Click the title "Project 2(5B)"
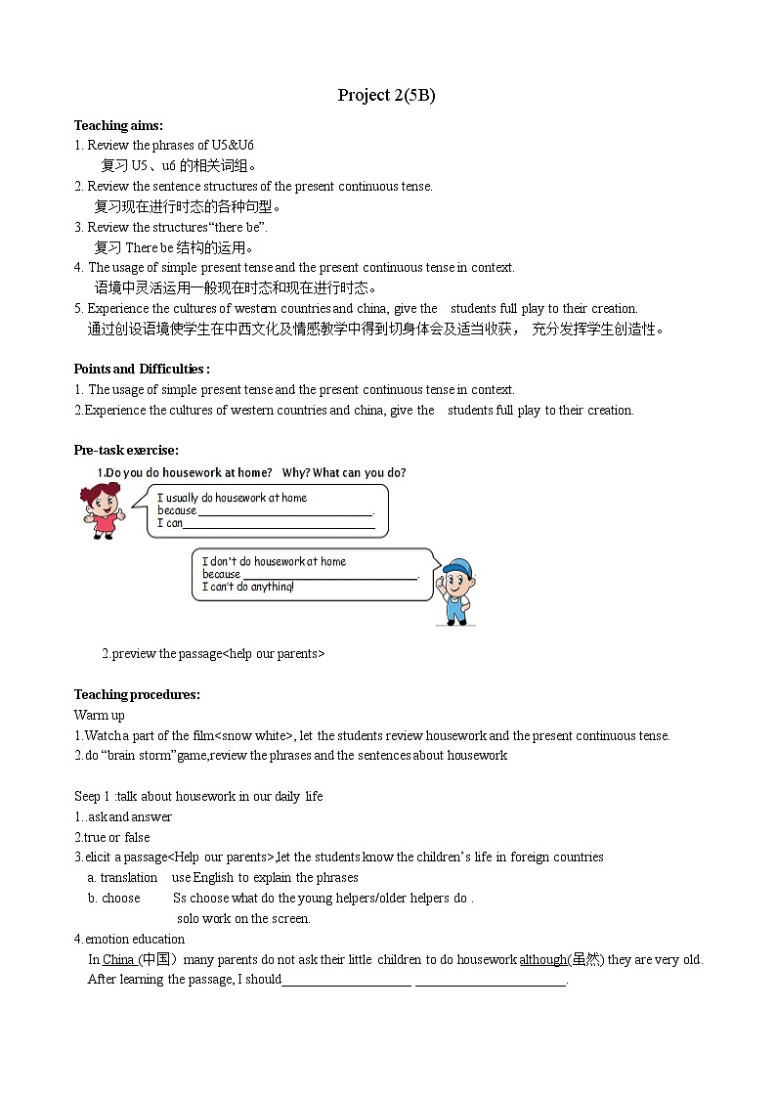point(386,95)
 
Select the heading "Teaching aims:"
point(118,125)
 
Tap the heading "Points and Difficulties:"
point(142,369)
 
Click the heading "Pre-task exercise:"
point(126,450)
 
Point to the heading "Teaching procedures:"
point(137,694)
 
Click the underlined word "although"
point(542,959)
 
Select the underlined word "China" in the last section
point(118,959)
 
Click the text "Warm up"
point(99,715)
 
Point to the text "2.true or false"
point(112,837)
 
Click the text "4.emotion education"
point(129,939)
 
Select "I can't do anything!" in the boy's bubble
point(247,587)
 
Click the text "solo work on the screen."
point(243,918)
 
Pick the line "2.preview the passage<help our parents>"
point(213,653)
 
